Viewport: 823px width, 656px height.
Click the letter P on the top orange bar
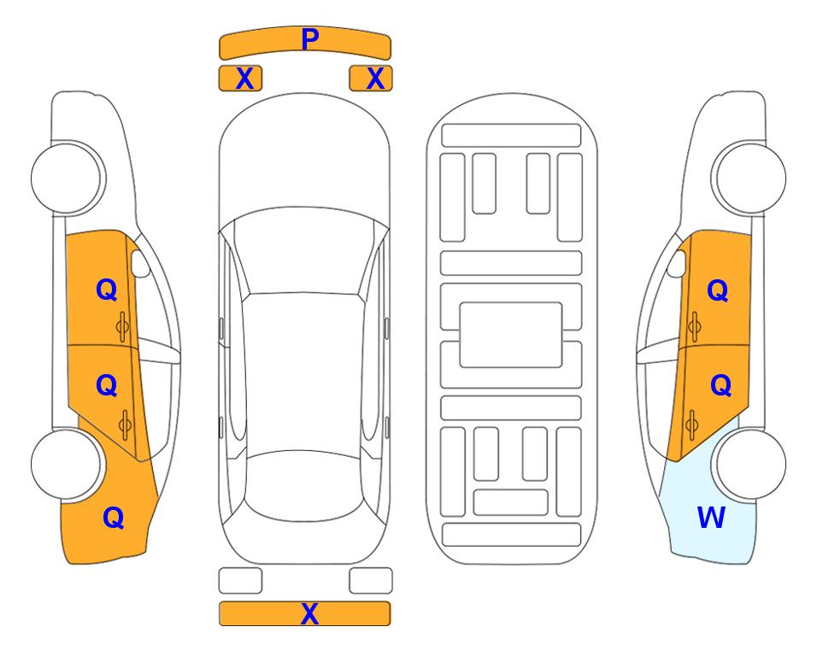pos(309,39)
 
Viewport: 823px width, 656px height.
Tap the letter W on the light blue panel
pos(711,518)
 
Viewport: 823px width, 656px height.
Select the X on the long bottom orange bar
pos(309,613)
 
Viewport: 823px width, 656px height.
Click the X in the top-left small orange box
pos(244,79)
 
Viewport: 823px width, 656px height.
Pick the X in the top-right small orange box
pos(375,79)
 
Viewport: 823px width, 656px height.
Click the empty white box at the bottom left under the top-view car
pos(240,581)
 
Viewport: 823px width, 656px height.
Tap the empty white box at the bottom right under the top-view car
pos(371,581)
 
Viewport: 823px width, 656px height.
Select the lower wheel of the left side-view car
pos(66,465)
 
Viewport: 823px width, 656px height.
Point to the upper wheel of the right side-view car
pos(751,179)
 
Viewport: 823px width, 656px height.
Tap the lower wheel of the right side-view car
pos(751,465)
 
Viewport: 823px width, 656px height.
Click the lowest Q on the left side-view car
pos(113,518)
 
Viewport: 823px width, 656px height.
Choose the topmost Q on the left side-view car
pos(107,290)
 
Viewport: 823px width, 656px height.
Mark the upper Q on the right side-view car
pos(718,290)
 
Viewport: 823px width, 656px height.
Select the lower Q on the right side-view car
pos(720,386)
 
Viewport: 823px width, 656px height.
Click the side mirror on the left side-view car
pos(140,263)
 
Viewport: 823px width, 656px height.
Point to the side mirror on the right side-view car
pos(677,263)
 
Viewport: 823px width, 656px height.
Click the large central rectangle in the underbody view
pos(511,335)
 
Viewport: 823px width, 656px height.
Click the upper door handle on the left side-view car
pos(122,326)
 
